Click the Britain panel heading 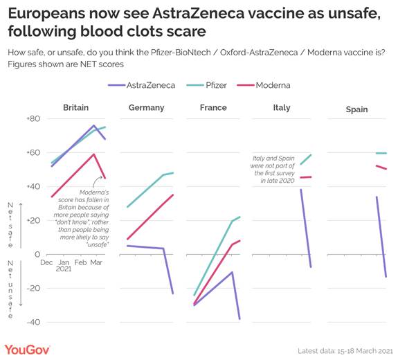(x=75, y=108)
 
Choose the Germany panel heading (x=146, y=108)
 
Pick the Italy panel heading (x=281, y=108)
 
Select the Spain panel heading (x=356, y=109)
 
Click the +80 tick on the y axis (x=33, y=119)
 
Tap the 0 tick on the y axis (x=37, y=255)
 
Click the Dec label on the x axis (x=46, y=263)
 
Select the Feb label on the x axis (x=81, y=263)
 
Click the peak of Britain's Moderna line (x=94, y=154)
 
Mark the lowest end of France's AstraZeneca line (x=240, y=319)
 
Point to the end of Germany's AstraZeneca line (x=172, y=294)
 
